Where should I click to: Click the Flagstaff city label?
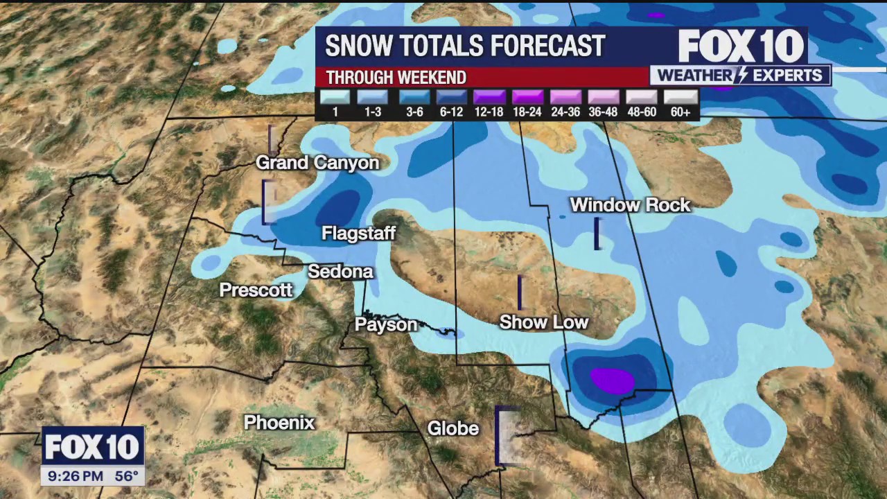click(x=358, y=234)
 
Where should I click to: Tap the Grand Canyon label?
click(x=317, y=163)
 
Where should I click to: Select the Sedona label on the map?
click(x=340, y=272)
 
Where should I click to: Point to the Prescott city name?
click(x=256, y=290)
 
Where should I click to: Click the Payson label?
click(x=386, y=324)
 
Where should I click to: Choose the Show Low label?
click(x=543, y=322)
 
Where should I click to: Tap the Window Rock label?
click(x=630, y=205)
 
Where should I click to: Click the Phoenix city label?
click(x=279, y=423)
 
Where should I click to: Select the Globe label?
click(x=453, y=429)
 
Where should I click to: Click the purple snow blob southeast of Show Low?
click(x=612, y=380)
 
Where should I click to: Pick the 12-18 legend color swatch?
click(x=489, y=97)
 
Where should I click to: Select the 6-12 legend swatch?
click(x=451, y=97)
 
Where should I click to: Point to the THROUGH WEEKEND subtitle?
click(x=396, y=78)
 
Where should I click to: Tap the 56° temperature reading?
click(x=126, y=476)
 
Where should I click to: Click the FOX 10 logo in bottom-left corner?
click(x=93, y=447)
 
